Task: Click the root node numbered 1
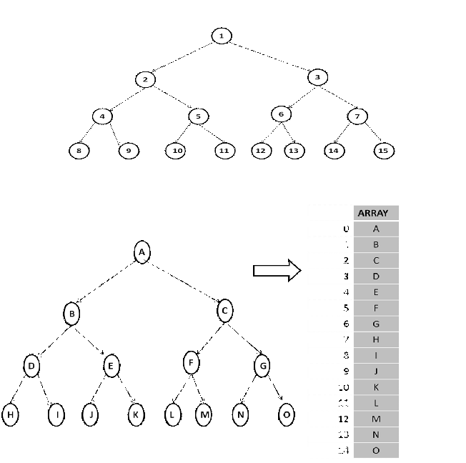pyautogui.click(x=222, y=36)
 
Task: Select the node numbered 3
pyautogui.click(x=318, y=76)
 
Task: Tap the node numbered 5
pyautogui.click(x=198, y=116)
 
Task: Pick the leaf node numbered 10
pyautogui.click(x=176, y=151)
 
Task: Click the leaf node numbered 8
pyautogui.click(x=79, y=151)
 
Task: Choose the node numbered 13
pyautogui.click(x=293, y=151)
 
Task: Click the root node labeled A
pyautogui.click(x=142, y=252)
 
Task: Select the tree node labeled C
pyautogui.click(x=225, y=311)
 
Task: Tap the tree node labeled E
pyautogui.click(x=111, y=367)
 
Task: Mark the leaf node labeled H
pyautogui.click(x=11, y=415)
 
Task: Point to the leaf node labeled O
pyautogui.click(x=287, y=415)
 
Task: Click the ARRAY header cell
pyautogui.click(x=376, y=213)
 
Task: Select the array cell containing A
pyautogui.click(x=376, y=229)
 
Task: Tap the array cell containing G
pyautogui.click(x=376, y=324)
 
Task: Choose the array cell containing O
pyautogui.click(x=376, y=450)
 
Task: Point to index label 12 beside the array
pyautogui.click(x=346, y=419)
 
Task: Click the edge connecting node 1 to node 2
pyautogui.click(x=183, y=56)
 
